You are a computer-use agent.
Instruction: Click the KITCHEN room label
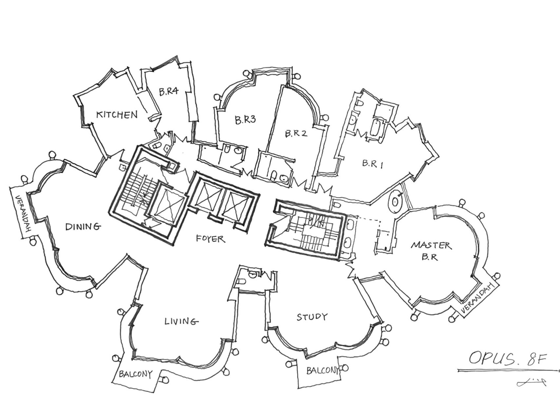tap(116, 115)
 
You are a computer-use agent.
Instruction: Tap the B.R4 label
tap(169, 91)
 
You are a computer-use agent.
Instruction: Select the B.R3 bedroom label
tap(245, 120)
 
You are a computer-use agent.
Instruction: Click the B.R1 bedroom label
tap(373, 163)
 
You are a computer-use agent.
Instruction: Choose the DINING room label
tap(82, 226)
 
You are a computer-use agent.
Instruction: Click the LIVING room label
tap(181, 321)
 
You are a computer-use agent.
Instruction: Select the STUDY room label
tap(312, 317)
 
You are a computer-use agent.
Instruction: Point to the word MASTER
tap(431, 245)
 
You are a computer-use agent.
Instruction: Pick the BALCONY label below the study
tap(322, 370)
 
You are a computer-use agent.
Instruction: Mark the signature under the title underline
tap(531, 382)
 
